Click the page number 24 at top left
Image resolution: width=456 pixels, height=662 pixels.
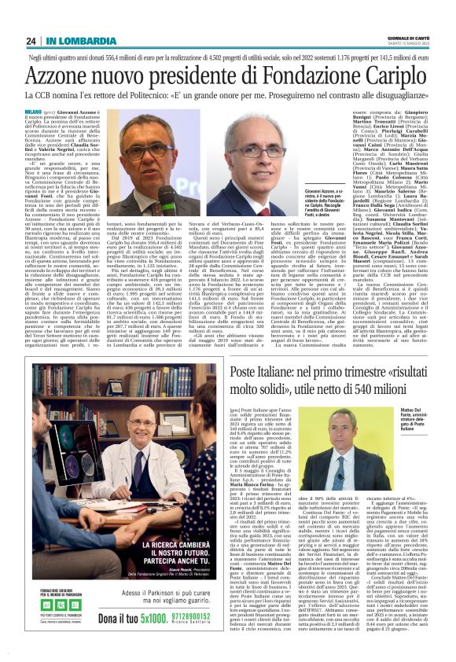[x=31, y=41]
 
